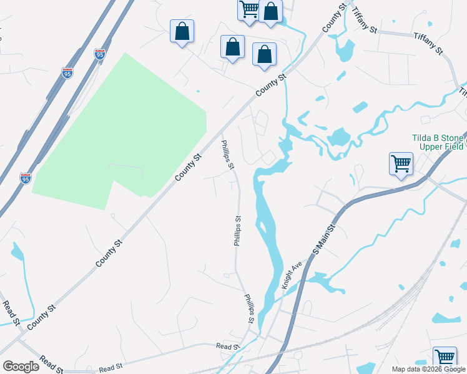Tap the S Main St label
324,239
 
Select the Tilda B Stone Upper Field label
438,142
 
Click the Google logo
21,366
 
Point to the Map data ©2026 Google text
428,369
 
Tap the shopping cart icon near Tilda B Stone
401,165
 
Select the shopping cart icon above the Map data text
444,358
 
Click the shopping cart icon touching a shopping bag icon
249,9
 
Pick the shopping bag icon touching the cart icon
271,11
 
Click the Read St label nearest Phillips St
228,346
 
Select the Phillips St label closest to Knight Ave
250,308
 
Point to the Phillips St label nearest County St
227,155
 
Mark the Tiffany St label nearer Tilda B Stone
428,43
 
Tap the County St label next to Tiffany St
334,18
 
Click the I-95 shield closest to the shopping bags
100,54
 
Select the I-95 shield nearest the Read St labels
26,178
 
